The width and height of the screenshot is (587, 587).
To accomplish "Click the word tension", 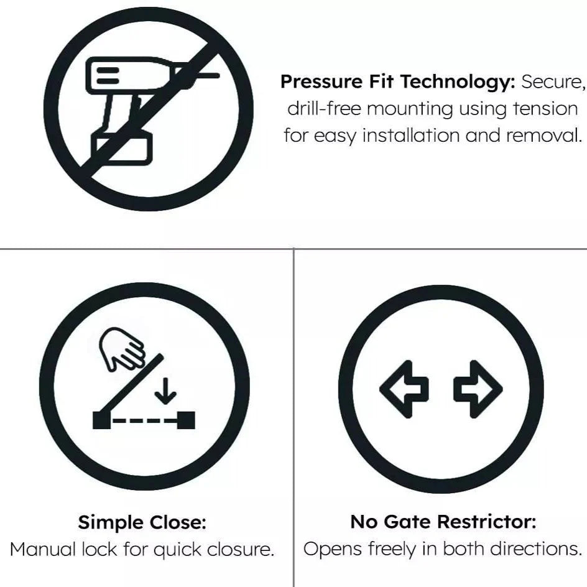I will (545, 109).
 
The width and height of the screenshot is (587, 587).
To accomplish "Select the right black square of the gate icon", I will (186, 420).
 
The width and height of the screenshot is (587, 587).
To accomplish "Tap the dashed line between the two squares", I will (144, 421).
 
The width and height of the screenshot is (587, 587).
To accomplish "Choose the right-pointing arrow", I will (478, 389).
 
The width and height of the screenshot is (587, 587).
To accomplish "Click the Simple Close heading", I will (142, 522).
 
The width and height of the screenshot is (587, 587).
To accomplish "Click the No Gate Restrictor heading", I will (443, 521).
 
